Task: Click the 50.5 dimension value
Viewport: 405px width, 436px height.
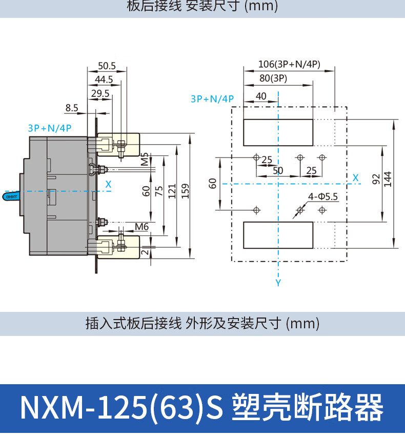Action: tap(107, 66)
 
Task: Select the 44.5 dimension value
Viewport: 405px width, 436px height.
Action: tap(104, 80)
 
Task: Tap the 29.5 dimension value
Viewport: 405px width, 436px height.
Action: tap(100, 93)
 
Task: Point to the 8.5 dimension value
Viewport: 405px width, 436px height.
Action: tap(72, 108)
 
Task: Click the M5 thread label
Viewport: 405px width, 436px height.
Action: tap(145, 159)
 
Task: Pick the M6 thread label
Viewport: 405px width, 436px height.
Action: tap(142, 227)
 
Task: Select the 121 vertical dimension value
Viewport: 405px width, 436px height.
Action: tap(172, 191)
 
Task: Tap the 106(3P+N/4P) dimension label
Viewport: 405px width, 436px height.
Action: tap(289, 64)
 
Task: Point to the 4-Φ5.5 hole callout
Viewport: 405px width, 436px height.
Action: tap(323, 196)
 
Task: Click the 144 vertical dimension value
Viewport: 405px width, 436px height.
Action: tap(388, 179)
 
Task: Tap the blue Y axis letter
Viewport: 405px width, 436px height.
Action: tap(278, 283)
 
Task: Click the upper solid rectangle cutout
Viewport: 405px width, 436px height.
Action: tap(277, 132)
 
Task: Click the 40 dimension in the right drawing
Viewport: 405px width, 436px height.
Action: tap(261, 96)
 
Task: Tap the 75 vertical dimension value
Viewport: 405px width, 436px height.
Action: tap(159, 191)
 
